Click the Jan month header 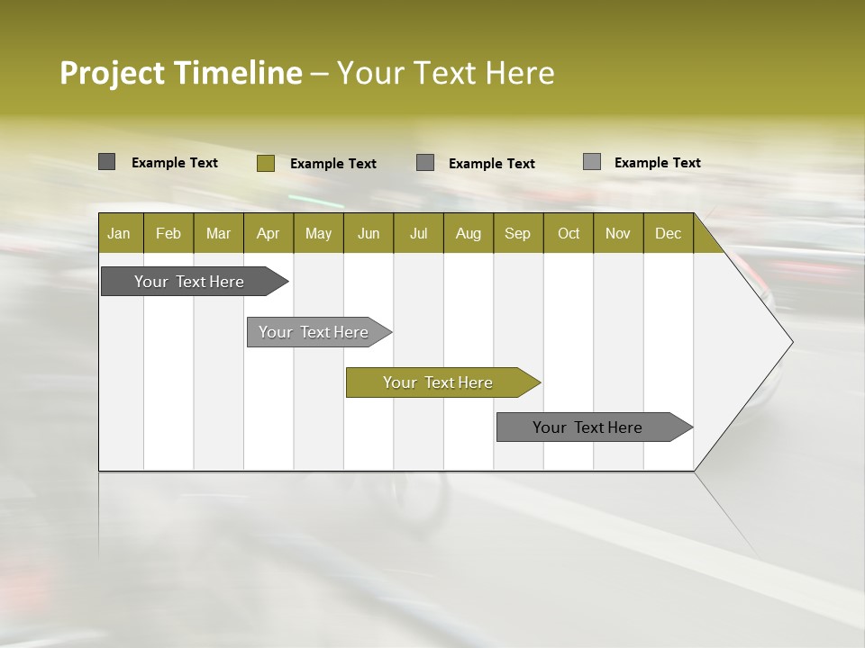pyautogui.click(x=119, y=233)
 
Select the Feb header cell pyautogui.click(x=168, y=233)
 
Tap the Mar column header pyautogui.click(x=218, y=233)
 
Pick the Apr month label pyautogui.click(x=268, y=233)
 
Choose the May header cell pyautogui.click(x=318, y=233)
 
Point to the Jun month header pyautogui.click(x=369, y=233)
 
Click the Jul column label pyautogui.click(x=418, y=233)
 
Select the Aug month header pyautogui.click(x=468, y=233)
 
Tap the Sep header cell pyautogui.click(x=517, y=233)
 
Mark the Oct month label pyautogui.click(x=569, y=233)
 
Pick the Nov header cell pyautogui.click(x=617, y=233)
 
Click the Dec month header pyautogui.click(x=668, y=233)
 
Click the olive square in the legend pyautogui.click(x=265, y=163)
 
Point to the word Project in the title pyautogui.click(x=113, y=73)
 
